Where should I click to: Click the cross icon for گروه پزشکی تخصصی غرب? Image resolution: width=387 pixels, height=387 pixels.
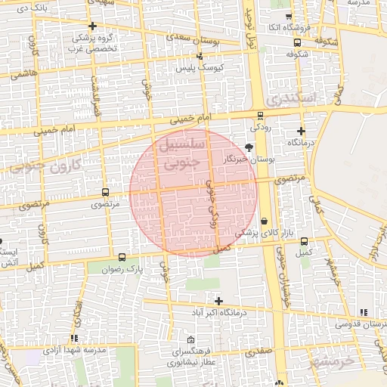pos(92,26)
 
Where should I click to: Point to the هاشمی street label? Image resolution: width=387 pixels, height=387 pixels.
pos(23,73)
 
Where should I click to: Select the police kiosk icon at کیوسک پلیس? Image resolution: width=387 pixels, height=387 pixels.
pos(200,57)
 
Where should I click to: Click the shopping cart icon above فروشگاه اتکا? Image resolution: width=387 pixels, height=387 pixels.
pos(288,17)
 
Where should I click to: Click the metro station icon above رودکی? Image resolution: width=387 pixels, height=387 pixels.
pos(260,116)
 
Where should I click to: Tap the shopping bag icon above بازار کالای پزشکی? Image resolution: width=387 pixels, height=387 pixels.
pos(263,221)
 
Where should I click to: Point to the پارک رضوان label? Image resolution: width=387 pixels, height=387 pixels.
pos(123,268)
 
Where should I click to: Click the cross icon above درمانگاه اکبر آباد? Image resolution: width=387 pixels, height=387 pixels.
pos(218,301)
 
